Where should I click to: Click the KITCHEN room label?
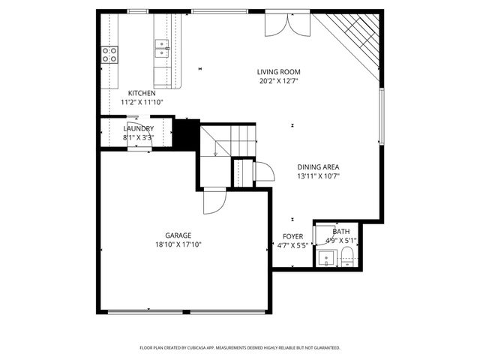click(x=142, y=93)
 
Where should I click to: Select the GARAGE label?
click(x=178, y=235)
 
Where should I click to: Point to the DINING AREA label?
click(x=319, y=168)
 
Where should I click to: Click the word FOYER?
click(x=293, y=236)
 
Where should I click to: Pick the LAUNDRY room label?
click(x=138, y=129)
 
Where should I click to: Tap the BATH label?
click(x=341, y=232)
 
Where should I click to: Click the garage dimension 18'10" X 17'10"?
click(x=178, y=244)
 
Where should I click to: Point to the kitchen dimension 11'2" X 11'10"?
click(x=142, y=102)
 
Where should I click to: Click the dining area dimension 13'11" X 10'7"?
click(x=319, y=177)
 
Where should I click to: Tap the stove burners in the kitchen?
click(x=109, y=54)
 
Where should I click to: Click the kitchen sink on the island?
click(x=161, y=49)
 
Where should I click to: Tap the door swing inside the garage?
click(x=214, y=199)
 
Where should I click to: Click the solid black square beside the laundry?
click(x=187, y=134)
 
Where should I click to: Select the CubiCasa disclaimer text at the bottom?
click(x=240, y=348)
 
